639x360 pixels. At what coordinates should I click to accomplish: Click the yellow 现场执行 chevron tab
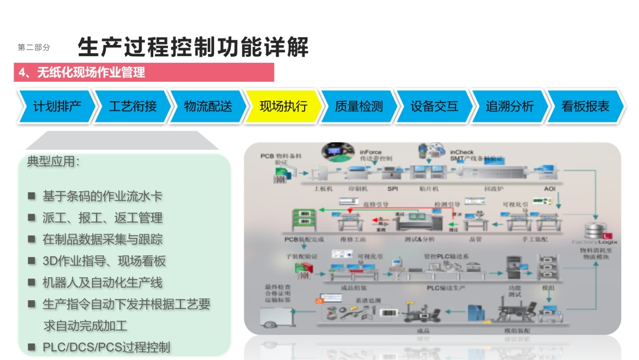click(283, 107)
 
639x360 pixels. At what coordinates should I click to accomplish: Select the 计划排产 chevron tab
click(57, 107)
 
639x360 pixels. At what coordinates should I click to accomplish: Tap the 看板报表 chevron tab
click(585, 107)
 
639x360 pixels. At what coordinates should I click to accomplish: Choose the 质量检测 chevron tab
click(359, 107)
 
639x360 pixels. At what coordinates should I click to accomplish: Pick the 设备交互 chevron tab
click(434, 107)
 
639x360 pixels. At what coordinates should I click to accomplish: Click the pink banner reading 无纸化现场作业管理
click(144, 72)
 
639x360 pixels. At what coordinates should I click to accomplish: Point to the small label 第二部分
click(34, 47)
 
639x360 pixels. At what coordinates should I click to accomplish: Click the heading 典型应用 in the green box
click(53, 161)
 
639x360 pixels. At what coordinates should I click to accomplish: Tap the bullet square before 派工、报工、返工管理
click(32, 217)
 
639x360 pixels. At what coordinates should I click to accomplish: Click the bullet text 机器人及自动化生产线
click(102, 282)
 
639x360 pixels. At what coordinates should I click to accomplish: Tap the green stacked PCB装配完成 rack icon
click(302, 220)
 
